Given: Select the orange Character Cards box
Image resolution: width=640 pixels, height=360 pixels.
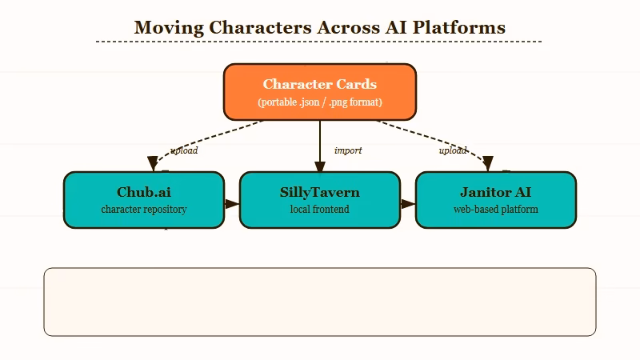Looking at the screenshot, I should tap(319, 92).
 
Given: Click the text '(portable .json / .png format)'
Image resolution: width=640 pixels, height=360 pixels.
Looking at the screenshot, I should tap(319, 102).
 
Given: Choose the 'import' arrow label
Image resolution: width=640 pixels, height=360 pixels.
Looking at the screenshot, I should tap(348, 150).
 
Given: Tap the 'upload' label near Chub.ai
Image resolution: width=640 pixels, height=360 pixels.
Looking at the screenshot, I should tap(184, 150).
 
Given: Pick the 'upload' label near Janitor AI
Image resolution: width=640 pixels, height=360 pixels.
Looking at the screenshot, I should tap(453, 150).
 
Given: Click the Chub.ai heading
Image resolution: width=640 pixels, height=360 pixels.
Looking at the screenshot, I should tap(143, 192).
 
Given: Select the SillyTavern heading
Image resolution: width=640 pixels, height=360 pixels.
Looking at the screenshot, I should tap(319, 192).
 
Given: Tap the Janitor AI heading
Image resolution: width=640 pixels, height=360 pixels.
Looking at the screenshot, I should tap(495, 192).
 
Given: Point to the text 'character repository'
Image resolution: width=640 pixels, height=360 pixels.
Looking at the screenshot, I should tap(143, 210).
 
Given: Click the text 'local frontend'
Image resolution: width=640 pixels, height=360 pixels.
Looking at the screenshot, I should tap(319, 210).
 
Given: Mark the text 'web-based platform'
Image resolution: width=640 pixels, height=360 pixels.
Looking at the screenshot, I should tap(495, 210).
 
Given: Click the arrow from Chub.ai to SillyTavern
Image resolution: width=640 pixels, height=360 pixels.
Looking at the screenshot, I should tap(231, 204).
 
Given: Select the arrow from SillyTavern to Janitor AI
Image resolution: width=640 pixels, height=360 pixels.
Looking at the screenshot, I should tap(407, 204).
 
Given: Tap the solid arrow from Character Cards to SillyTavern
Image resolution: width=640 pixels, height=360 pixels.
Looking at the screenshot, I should tap(320, 144).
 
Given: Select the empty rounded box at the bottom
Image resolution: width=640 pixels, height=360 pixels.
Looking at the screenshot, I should tap(319, 302).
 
